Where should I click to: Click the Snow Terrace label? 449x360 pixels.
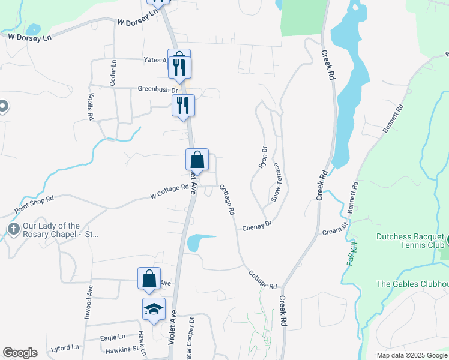click(x=276, y=182)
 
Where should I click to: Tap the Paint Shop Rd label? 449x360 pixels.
click(x=34, y=205)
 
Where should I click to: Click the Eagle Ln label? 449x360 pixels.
click(x=113, y=337)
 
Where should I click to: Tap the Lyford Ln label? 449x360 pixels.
click(x=65, y=347)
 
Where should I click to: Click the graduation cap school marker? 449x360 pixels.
click(x=154, y=309)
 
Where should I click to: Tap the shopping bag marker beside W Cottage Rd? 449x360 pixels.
click(x=197, y=160)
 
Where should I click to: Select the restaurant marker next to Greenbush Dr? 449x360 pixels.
click(x=184, y=106)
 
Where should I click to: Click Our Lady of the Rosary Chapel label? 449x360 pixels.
click(x=52, y=230)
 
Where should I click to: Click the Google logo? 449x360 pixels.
click(x=20, y=353)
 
